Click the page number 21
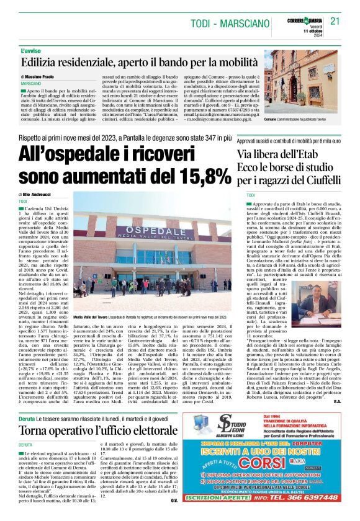335,20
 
